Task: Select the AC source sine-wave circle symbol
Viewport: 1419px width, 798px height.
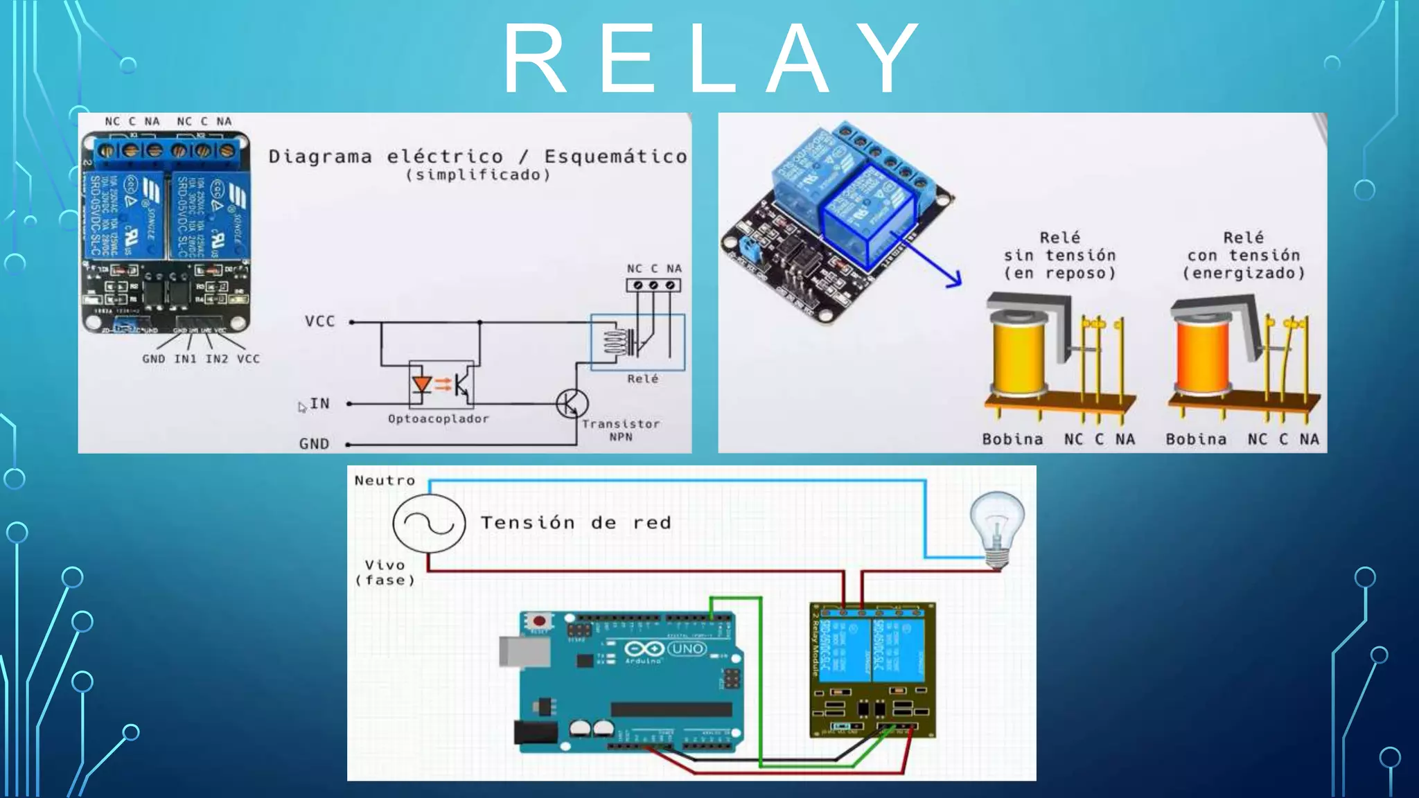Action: pyautogui.click(x=429, y=523)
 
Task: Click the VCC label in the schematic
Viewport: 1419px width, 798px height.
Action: pyautogui.click(x=319, y=321)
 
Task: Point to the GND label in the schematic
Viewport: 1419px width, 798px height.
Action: pyautogui.click(x=314, y=444)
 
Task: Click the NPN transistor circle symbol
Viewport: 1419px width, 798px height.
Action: pyautogui.click(x=572, y=403)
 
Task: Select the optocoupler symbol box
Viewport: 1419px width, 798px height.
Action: pyautogui.click(x=441, y=384)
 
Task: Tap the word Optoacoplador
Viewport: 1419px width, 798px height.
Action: pyautogui.click(x=439, y=419)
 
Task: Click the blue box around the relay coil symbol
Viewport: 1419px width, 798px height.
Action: pyautogui.click(x=637, y=342)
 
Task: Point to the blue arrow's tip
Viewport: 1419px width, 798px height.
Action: pyautogui.click(x=960, y=282)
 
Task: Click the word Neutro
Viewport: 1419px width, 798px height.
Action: pyautogui.click(x=385, y=481)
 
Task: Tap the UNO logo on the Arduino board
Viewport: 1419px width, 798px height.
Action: pyautogui.click(x=687, y=649)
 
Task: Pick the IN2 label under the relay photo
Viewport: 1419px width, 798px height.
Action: pyautogui.click(x=216, y=359)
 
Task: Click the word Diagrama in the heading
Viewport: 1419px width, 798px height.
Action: pyautogui.click(x=320, y=157)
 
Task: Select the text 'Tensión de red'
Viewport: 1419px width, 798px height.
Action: pyautogui.click(x=576, y=523)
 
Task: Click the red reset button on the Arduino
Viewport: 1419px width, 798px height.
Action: pyautogui.click(x=538, y=621)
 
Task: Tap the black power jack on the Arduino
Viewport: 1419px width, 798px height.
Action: pyautogui.click(x=536, y=733)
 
